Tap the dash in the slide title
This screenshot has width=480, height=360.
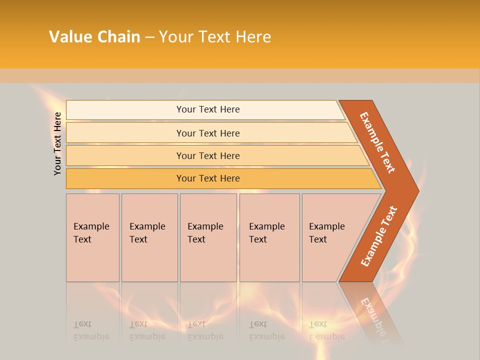[149, 37]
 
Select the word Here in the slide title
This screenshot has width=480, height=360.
[253, 37]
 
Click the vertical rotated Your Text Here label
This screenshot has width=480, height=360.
[57, 143]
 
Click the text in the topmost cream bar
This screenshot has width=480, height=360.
[208, 109]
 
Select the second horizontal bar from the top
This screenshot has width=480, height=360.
[208, 133]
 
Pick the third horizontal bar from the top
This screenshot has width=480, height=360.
[208, 155]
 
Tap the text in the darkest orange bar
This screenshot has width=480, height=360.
[208, 178]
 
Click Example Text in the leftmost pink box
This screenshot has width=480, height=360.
[91, 232]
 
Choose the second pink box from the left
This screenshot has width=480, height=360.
[149, 237]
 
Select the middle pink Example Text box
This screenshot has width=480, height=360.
[207, 237]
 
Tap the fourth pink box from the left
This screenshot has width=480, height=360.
[269, 237]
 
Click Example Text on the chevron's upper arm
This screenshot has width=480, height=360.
[377, 142]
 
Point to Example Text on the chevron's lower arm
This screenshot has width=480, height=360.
[378, 236]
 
